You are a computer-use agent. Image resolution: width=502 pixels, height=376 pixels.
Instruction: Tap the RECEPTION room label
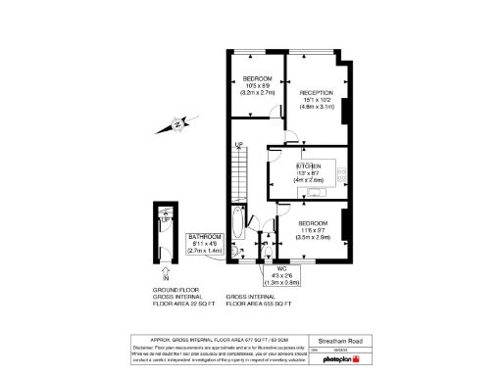(318, 91)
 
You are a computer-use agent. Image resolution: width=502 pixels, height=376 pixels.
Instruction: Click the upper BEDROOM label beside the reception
(257, 78)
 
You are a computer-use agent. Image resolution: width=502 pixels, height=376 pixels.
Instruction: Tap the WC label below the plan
(281, 268)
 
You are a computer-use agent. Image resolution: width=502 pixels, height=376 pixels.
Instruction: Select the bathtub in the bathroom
(240, 231)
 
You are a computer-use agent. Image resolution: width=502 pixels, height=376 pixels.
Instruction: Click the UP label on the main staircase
(237, 146)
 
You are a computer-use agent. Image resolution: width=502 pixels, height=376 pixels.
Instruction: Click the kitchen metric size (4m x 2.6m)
(310, 180)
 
